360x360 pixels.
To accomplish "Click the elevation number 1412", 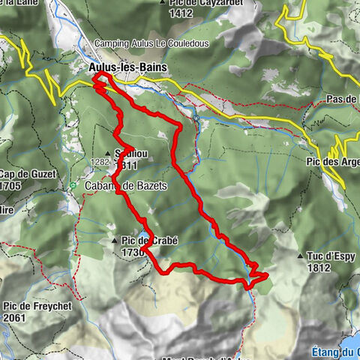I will click(x=181, y=13).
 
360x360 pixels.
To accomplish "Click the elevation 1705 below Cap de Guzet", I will click(x=10, y=186).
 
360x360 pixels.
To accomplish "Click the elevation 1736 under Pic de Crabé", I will click(x=131, y=253).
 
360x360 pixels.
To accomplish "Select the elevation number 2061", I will click(x=15, y=317).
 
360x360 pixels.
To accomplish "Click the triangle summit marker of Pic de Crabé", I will click(x=113, y=241).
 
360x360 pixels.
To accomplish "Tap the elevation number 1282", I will click(x=99, y=161).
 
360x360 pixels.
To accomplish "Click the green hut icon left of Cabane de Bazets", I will click(x=72, y=186).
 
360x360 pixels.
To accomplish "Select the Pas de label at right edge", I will click(x=343, y=99).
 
